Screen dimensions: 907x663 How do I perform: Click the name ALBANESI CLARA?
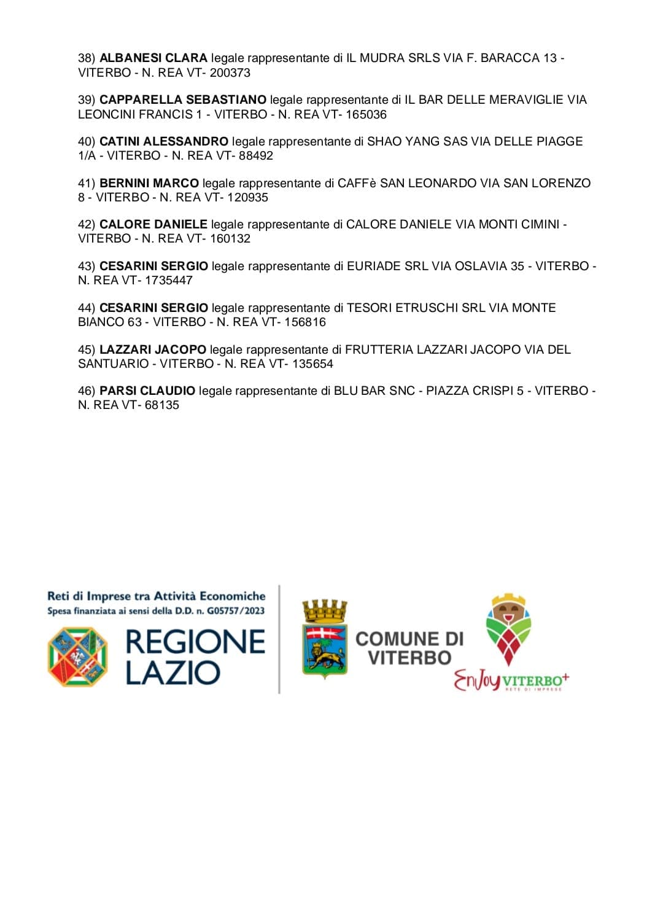pyautogui.click(x=153, y=58)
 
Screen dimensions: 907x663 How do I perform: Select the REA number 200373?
pyautogui.click(x=230, y=72)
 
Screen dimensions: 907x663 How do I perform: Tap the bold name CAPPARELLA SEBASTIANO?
pyautogui.click(x=183, y=99)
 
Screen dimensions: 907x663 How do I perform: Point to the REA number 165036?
pyautogui.click(x=366, y=114)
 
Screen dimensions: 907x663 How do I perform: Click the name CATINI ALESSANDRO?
pyautogui.click(x=163, y=141)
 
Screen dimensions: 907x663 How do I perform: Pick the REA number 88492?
pyautogui.click(x=256, y=155)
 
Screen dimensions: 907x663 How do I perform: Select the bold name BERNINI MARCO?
pyautogui.click(x=149, y=183)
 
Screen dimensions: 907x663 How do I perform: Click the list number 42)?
pyautogui.click(x=87, y=224)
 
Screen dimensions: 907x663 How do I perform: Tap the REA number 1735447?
pyautogui.click(x=169, y=280)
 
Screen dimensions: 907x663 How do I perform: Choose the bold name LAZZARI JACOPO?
pyautogui.click(x=153, y=349)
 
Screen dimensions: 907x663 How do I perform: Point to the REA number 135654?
pyautogui.click(x=312, y=364)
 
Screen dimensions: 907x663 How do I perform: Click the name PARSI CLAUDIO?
pyautogui.click(x=147, y=391)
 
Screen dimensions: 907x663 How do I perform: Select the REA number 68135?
pyautogui.click(x=162, y=405)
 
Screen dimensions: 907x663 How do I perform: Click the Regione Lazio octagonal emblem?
pyautogui.click(x=77, y=656)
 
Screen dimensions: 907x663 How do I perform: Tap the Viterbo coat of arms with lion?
pyautogui.click(x=324, y=642)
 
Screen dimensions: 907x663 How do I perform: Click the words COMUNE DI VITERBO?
pyautogui.click(x=409, y=648)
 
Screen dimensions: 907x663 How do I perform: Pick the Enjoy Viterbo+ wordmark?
pyautogui.click(x=511, y=680)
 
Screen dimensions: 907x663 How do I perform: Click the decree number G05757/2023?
pyautogui.click(x=236, y=610)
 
